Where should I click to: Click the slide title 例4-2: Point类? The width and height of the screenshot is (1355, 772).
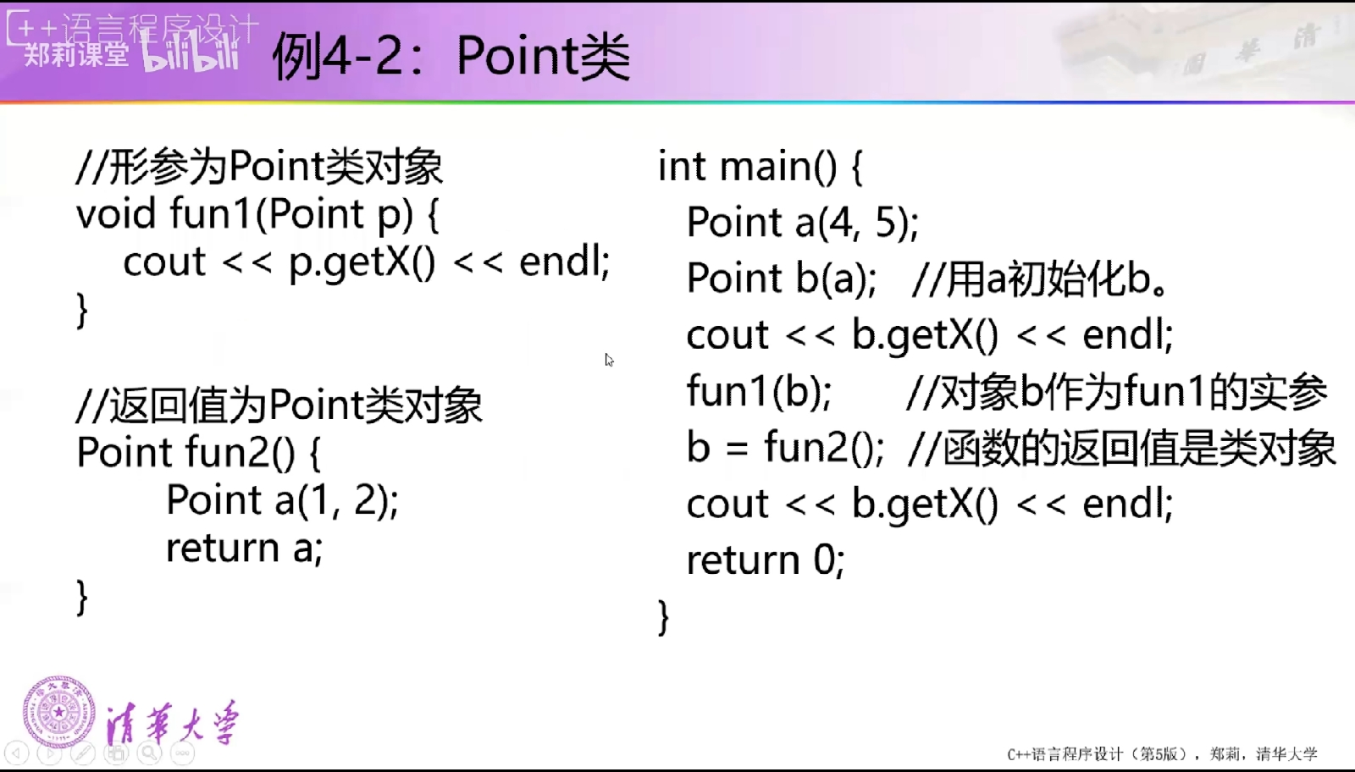click(451, 56)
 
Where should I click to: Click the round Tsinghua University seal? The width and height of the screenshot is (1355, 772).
click(59, 712)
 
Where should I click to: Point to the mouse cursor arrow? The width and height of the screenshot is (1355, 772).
click(609, 360)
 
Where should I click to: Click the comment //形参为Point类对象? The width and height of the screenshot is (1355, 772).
click(259, 166)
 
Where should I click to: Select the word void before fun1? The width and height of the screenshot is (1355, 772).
click(116, 213)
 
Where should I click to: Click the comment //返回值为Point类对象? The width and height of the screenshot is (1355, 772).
click(279, 405)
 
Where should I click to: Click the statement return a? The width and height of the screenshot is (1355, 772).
click(245, 548)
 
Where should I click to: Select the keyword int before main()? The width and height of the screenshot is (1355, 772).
click(682, 166)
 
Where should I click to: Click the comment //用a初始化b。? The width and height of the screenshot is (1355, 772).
click(1041, 278)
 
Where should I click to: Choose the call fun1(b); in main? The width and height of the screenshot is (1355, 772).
click(759, 391)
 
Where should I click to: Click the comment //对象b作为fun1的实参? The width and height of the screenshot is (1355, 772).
click(1117, 392)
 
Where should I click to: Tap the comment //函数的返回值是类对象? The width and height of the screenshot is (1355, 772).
click(1121, 448)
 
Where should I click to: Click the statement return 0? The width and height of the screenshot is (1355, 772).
click(766, 560)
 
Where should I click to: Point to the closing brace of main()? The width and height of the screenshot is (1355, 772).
click(664, 617)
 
